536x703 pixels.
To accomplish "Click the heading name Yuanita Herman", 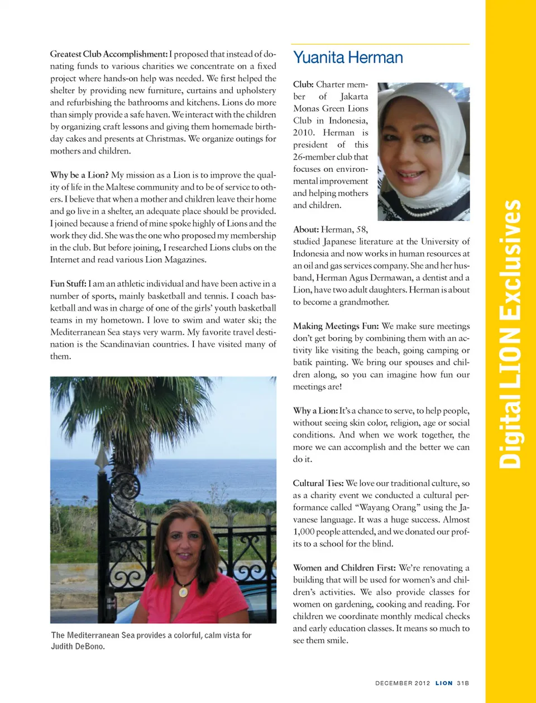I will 348,57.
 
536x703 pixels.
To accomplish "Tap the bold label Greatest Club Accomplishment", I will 108,54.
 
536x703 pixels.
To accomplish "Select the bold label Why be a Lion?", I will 79,175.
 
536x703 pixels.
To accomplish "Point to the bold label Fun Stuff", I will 68,284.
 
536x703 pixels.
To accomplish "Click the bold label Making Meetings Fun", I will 336,326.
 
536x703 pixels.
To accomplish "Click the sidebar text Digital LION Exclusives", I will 510,335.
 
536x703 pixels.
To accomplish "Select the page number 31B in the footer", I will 463,683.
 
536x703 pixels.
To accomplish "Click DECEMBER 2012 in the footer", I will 403,683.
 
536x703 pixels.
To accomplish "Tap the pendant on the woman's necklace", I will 183,591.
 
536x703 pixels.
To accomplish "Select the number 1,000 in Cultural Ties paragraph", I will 303,532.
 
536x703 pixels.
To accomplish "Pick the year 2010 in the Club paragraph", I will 304,133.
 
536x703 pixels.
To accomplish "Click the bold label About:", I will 306,229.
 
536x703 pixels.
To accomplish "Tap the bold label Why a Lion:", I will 315,411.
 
